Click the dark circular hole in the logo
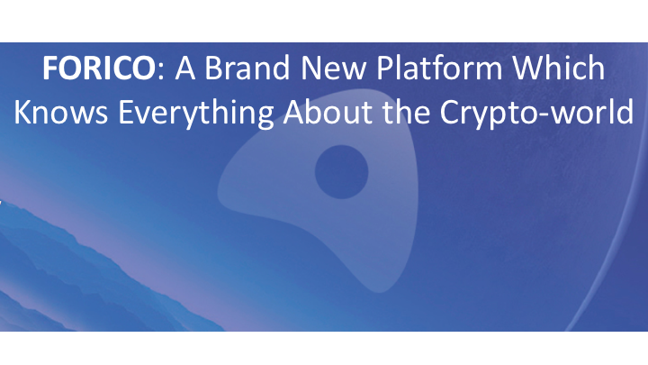342,170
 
